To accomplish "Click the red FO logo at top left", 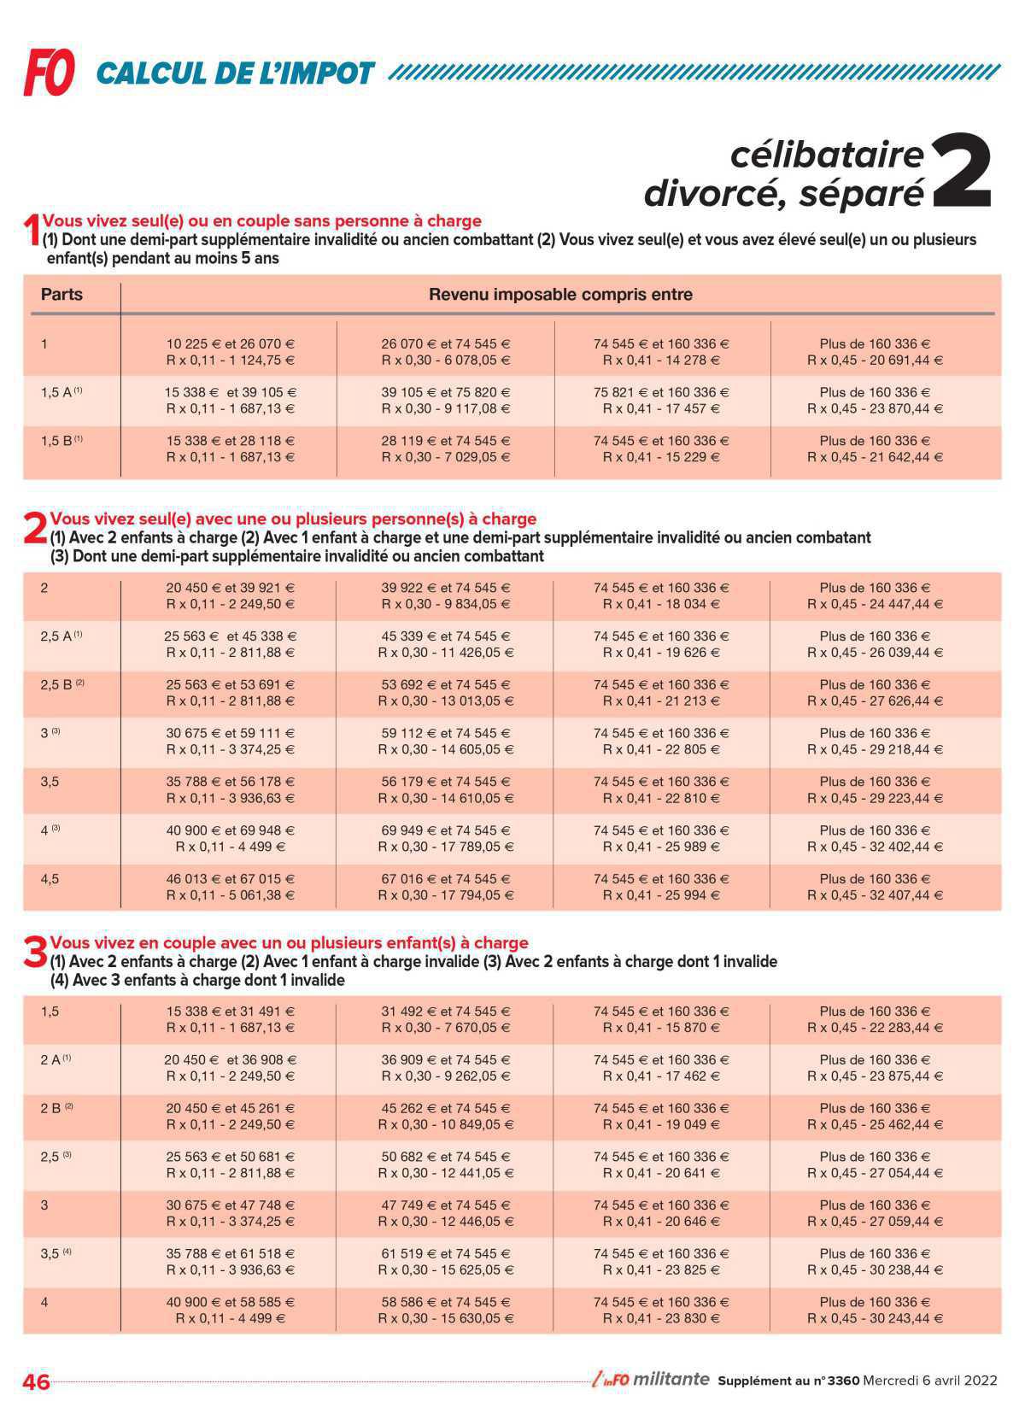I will point(50,72).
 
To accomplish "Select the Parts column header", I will point(61,295).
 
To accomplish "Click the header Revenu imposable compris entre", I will point(560,295).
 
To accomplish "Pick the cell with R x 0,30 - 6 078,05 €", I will point(445,361).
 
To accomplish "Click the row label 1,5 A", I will point(61,393).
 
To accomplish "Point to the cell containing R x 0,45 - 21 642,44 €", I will point(875,457).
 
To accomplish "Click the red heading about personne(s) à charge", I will point(293,519).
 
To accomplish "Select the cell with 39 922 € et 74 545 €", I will point(445,588).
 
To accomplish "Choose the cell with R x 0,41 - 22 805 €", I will point(661,749).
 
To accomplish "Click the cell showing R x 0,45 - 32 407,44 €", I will point(875,895).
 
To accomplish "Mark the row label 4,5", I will point(50,879).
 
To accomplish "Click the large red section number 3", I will point(34,953).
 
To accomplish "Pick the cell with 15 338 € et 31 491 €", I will point(230,1011).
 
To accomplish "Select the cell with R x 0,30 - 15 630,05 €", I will point(445,1318).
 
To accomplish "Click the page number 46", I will point(37,1381).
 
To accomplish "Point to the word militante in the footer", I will point(672,1379).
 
